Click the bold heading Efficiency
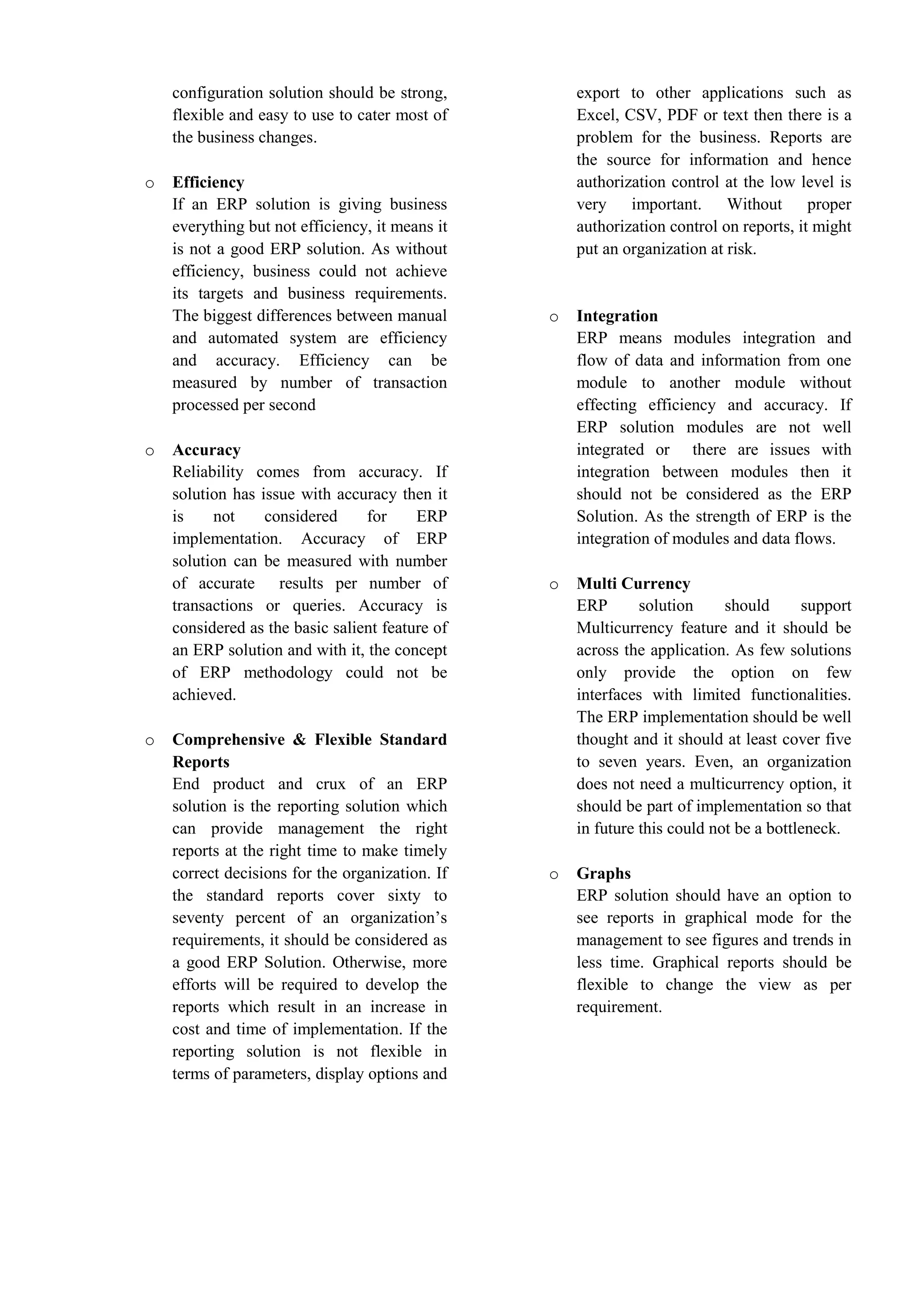pyautogui.click(x=208, y=183)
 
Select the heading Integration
pyautogui.click(x=617, y=316)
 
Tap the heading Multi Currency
pyautogui.click(x=633, y=584)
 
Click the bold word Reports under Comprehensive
pyautogui.click(x=201, y=763)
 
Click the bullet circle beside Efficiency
pyautogui.click(x=149, y=184)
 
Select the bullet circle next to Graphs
pyautogui.click(x=554, y=875)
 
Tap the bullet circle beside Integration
pyautogui.click(x=554, y=318)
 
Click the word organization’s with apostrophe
pyautogui.click(x=399, y=918)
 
